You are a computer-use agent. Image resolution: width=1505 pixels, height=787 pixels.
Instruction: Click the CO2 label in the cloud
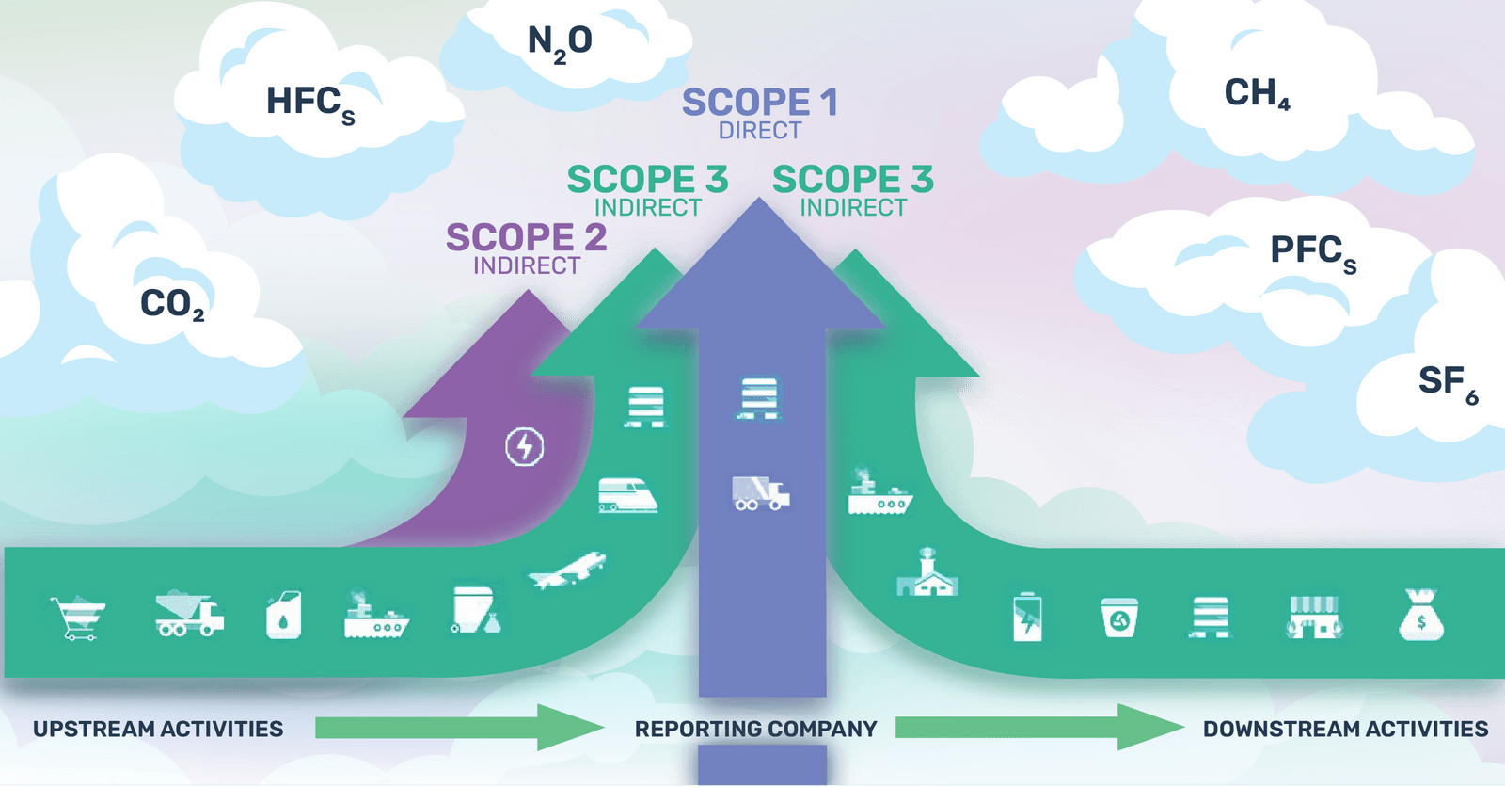coord(171,304)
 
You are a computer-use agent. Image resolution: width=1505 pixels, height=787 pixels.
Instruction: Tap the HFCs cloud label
coord(309,102)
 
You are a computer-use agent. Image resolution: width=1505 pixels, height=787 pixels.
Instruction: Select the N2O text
coord(560,41)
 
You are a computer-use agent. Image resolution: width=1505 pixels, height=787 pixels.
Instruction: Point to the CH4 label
coord(1257,92)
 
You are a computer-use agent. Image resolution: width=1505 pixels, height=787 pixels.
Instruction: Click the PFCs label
coord(1312,251)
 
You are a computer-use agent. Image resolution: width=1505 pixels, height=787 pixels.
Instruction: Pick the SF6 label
coord(1447,381)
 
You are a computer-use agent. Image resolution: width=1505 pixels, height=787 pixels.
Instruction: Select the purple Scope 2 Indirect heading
coord(526,248)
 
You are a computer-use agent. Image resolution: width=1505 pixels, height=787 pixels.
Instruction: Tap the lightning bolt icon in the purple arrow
coord(525,446)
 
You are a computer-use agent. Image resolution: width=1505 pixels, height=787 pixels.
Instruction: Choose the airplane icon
coord(567,570)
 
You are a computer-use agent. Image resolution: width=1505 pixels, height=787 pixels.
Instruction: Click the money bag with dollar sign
coord(1420,616)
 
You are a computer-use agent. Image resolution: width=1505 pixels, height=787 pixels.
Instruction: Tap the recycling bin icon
coord(1119,618)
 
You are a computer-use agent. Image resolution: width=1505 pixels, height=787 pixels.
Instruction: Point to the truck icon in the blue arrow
coord(760,492)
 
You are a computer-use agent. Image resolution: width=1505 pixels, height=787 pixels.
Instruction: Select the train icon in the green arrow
coord(627,495)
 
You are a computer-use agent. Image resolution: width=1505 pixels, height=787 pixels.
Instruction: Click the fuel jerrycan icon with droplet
coord(283,617)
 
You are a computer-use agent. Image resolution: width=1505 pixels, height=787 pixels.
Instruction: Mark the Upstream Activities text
coord(158,729)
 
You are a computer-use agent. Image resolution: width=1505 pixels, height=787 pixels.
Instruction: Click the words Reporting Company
coord(755,729)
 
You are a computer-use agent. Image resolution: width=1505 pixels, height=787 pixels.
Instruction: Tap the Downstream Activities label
coord(1345,729)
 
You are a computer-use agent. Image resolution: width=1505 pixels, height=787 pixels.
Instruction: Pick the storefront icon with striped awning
coord(1314,617)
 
